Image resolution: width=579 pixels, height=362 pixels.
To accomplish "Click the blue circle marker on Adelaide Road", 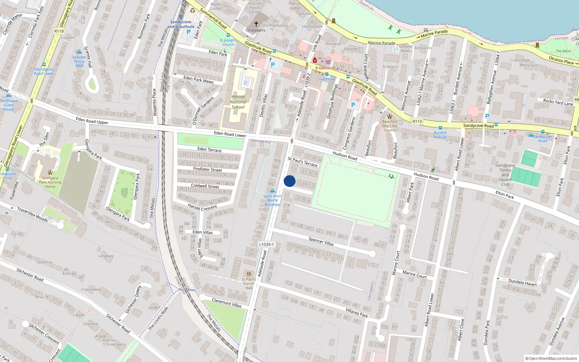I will click(x=289, y=181).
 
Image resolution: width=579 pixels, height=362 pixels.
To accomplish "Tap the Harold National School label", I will click(x=238, y=102).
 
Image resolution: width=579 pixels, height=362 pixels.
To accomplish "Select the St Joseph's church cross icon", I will click(x=256, y=24).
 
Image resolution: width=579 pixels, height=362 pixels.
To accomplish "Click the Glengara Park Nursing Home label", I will click(x=50, y=182).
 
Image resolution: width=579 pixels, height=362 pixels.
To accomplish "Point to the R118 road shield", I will click(x=59, y=31).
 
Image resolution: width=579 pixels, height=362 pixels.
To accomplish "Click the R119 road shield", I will click(x=417, y=121).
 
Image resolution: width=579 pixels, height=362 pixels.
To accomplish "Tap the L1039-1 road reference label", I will click(x=266, y=244).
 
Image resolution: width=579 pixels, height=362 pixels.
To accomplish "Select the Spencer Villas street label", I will click(x=321, y=241).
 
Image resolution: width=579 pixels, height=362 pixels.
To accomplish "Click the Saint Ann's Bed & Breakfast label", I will click(x=272, y=200).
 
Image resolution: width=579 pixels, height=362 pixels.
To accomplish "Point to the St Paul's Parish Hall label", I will click(x=249, y=283).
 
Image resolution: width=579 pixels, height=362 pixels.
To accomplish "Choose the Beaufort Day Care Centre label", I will click(x=390, y=126).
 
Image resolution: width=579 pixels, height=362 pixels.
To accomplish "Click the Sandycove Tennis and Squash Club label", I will click(x=505, y=175).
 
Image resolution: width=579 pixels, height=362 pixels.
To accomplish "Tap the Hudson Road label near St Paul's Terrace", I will click(x=345, y=156).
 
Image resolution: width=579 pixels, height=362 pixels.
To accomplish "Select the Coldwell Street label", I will click(x=205, y=186).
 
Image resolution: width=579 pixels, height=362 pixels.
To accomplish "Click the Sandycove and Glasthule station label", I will click(x=181, y=24).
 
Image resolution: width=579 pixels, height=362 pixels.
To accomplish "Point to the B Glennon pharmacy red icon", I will click(x=315, y=60).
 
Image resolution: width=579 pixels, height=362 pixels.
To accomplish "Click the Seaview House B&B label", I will click(x=79, y=61).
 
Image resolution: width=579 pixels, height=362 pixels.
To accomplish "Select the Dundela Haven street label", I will click(x=522, y=282).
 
